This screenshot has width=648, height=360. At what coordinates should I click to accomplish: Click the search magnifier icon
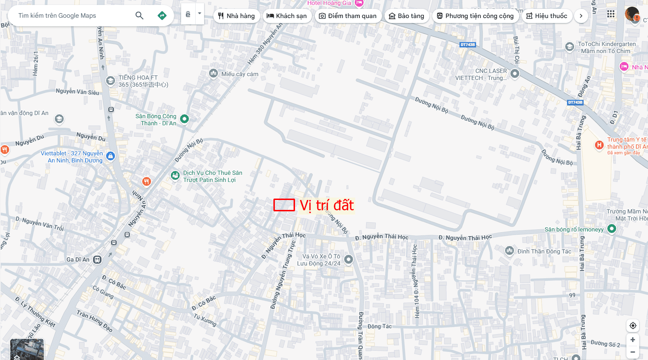139,16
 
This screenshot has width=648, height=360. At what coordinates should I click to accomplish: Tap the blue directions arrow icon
162,16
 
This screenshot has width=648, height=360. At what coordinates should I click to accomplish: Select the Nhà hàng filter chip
236,16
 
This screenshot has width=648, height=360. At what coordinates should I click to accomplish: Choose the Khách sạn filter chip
287,16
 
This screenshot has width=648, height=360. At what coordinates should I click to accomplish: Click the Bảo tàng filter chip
406,16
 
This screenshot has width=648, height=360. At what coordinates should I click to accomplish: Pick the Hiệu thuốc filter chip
546,16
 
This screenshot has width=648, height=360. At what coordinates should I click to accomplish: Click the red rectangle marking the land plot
284,205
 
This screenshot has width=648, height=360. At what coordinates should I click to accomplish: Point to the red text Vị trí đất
326,206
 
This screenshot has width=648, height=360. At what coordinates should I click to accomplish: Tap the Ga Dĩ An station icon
97,259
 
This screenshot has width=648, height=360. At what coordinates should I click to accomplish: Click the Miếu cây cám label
240,74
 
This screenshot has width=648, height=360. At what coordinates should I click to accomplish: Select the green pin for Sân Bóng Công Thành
184,119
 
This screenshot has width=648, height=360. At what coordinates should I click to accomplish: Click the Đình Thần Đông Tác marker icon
509,251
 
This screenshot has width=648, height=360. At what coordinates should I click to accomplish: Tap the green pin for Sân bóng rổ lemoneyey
612,229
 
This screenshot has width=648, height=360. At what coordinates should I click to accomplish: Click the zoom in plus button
633,340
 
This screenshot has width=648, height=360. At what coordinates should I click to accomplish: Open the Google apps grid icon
611,14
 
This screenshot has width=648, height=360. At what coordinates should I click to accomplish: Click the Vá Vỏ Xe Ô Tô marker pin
348,259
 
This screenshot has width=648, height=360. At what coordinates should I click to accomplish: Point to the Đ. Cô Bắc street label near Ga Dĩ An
114,282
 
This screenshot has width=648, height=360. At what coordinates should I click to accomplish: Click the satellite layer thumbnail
27,349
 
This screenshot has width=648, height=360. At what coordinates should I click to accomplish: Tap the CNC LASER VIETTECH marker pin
515,74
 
